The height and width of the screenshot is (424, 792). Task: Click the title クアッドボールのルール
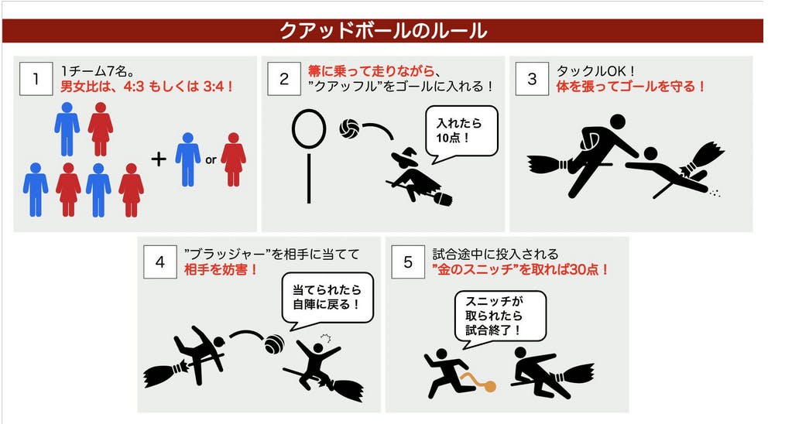coord(383,31)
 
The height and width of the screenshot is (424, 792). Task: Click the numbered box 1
coord(36,79)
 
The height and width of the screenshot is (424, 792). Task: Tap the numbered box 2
coord(284,79)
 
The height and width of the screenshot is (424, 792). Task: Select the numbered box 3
coord(532,79)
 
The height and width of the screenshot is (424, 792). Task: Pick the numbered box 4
coord(160,262)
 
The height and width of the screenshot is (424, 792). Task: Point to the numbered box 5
coord(408,262)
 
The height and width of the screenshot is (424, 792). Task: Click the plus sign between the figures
coord(159,159)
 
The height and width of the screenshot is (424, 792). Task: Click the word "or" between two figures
coord(211,160)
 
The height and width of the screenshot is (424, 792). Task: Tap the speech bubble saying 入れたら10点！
coord(461,132)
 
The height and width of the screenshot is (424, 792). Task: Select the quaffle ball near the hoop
coord(349,128)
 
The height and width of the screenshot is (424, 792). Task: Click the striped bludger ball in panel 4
coord(275,345)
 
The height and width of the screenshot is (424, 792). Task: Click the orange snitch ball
coord(489,387)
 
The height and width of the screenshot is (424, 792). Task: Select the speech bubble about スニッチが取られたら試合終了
coord(504,319)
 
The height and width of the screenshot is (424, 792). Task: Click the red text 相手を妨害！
coord(221,269)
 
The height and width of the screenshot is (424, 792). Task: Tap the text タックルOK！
coord(596,72)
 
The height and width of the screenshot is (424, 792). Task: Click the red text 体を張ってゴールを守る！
coord(630,87)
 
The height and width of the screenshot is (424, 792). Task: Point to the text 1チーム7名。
coord(98,72)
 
